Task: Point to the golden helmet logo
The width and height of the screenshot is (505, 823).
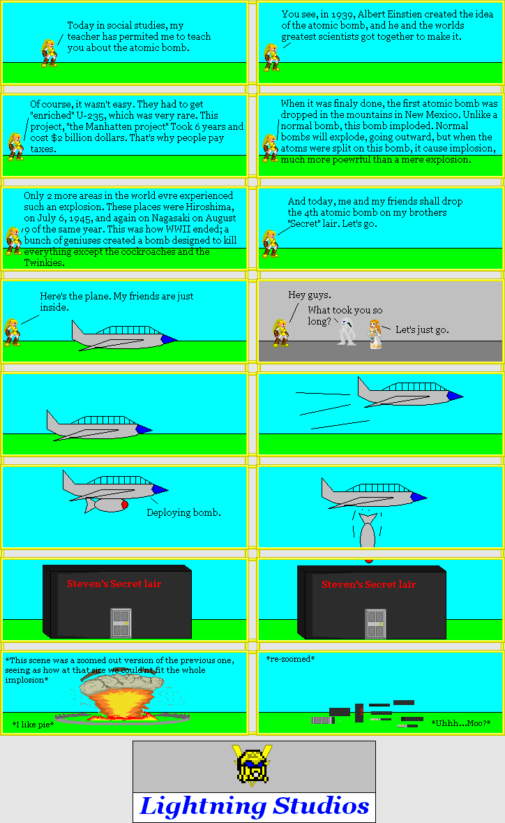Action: (x=253, y=766)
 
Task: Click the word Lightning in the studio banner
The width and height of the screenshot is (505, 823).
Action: (x=203, y=806)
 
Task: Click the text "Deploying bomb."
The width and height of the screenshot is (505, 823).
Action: (x=183, y=512)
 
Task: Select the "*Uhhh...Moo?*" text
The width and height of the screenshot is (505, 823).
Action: (x=460, y=723)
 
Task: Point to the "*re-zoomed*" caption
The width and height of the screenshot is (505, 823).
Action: (x=290, y=659)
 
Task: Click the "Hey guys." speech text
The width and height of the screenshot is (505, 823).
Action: (x=310, y=295)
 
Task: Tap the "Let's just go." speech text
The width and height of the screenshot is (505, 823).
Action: (x=422, y=329)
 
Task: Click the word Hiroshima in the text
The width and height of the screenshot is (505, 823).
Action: (x=207, y=207)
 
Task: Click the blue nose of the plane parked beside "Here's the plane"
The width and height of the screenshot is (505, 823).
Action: (x=168, y=339)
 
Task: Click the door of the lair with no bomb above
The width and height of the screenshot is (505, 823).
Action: (x=121, y=623)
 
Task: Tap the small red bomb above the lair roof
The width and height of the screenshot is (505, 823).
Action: (x=369, y=560)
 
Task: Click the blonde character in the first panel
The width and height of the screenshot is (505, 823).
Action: (x=49, y=53)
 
